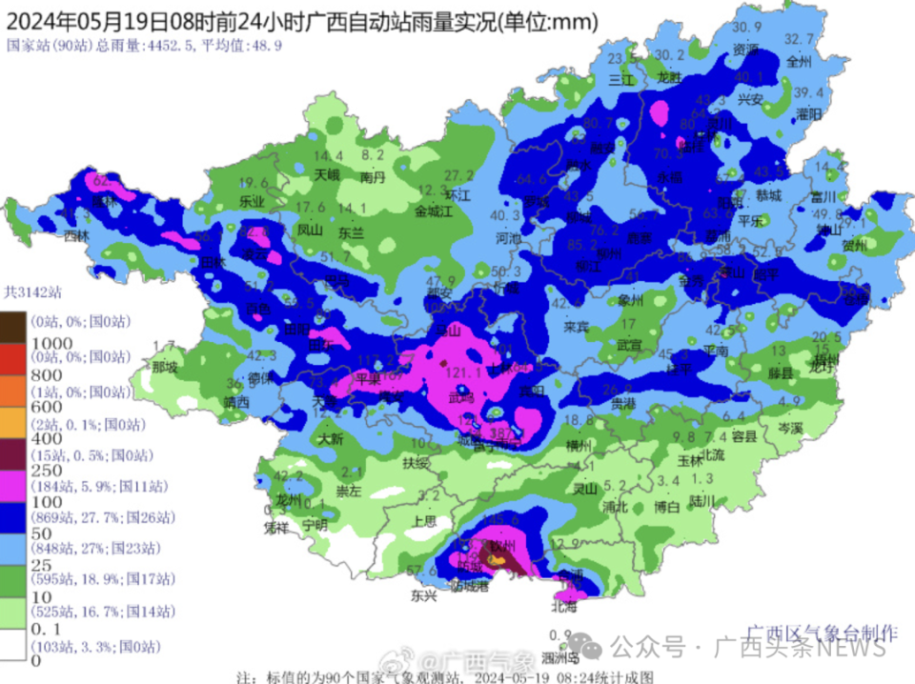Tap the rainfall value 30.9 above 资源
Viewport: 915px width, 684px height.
(x=747, y=26)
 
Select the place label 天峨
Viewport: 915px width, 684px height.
(x=327, y=175)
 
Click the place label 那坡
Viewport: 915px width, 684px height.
(x=165, y=366)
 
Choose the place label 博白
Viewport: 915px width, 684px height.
(x=667, y=508)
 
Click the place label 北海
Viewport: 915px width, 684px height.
(x=564, y=605)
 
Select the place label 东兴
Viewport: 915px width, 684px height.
(x=423, y=596)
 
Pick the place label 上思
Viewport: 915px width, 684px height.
(x=425, y=521)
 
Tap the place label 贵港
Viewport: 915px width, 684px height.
(x=622, y=404)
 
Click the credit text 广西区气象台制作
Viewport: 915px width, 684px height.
(x=821, y=632)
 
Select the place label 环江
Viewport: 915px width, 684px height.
(x=458, y=193)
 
